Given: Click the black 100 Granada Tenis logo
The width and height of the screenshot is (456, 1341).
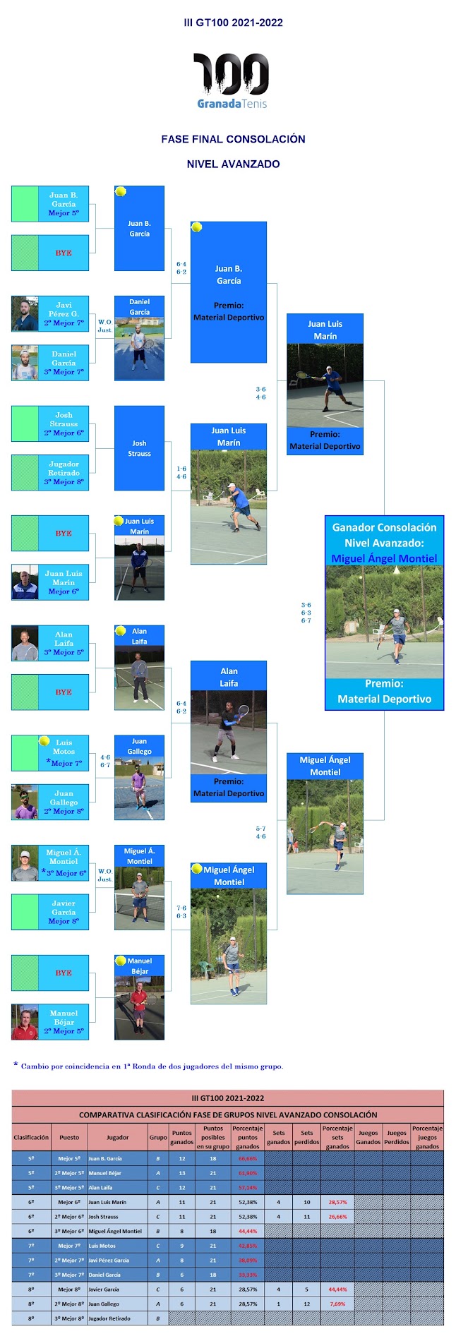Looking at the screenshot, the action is pyautogui.click(x=232, y=80).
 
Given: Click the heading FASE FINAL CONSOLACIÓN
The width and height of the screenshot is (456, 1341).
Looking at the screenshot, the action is pyautogui.click(x=233, y=139).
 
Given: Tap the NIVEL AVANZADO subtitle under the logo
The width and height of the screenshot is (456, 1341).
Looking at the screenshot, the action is pyautogui.click(x=233, y=164).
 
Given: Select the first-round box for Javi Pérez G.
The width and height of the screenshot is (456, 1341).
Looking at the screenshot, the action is pyautogui.click(x=50, y=313).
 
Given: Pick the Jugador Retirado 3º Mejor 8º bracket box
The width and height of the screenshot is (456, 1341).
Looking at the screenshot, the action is pyautogui.click(x=50, y=473).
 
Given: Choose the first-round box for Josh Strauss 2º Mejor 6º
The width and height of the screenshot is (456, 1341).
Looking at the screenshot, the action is pyautogui.click(x=50, y=423).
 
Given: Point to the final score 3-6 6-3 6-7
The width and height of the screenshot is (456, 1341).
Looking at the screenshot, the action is pyautogui.click(x=306, y=613).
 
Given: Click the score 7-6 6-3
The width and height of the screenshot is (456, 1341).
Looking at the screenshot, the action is pyautogui.click(x=181, y=912).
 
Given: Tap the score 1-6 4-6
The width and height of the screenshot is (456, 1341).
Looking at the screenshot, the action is pyautogui.click(x=181, y=472).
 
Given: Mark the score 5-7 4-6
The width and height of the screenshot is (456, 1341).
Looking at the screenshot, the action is pyautogui.click(x=260, y=832).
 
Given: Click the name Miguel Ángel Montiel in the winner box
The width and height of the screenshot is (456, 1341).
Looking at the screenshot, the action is pyautogui.click(x=384, y=558).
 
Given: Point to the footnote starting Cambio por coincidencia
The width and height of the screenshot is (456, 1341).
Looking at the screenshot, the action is pyautogui.click(x=151, y=1066).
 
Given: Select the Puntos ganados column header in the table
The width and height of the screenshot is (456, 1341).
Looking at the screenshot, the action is pyautogui.click(x=181, y=1137).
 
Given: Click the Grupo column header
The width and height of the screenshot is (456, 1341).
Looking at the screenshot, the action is pyautogui.click(x=158, y=1137).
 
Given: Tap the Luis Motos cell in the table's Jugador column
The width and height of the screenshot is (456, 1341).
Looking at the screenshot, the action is pyautogui.click(x=102, y=1246).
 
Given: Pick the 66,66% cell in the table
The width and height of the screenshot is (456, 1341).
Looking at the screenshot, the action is pyautogui.click(x=248, y=1158).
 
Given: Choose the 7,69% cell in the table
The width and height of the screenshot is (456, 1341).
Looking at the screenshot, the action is pyautogui.click(x=337, y=1304).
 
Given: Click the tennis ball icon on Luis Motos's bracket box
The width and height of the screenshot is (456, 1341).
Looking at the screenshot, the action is pyautogui.click(x=44, y=741).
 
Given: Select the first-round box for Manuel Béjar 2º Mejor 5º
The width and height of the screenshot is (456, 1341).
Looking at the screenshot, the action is pyautogui.click(x=50, y=1022).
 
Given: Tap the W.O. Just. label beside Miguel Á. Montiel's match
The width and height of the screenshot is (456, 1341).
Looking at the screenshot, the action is pyautogui.click(x=104, y=875).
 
